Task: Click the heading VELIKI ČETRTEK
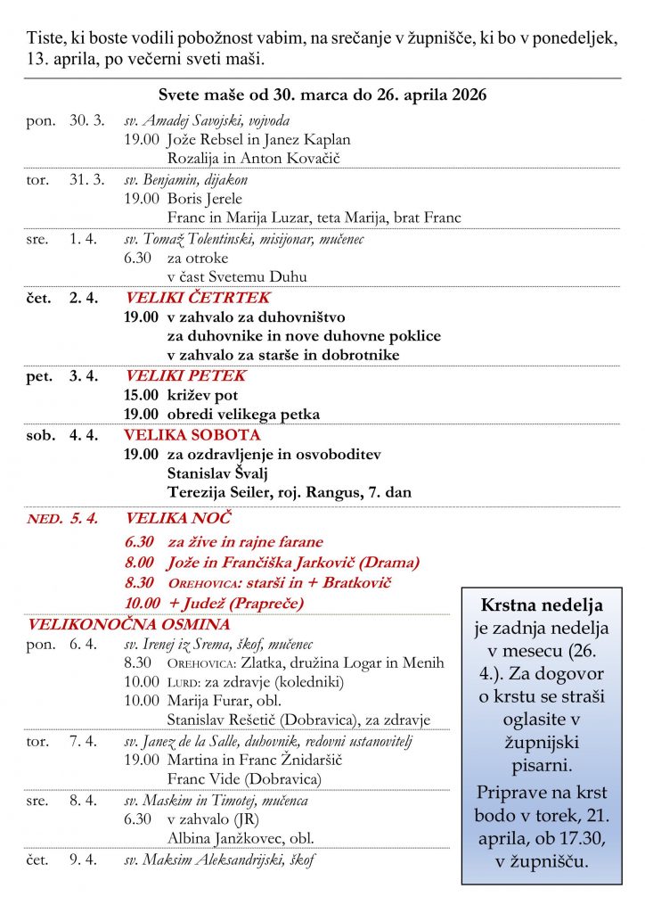(x=197, y=298)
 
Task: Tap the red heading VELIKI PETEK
(x=185, y=376)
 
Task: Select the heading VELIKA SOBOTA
(x=192, y=435)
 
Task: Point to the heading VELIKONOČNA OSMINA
(x=129, y=624)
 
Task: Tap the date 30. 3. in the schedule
(x=86, y=120)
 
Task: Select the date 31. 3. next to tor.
(x=86, y=179)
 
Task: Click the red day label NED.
(x=44, y=518)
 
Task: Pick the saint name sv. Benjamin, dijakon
(x=185, y=179)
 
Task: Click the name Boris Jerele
(x=204, y=199)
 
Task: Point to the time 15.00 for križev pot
(x=141, y=395)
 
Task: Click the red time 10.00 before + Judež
(x=142, y=604)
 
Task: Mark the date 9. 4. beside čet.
(x=83, y=860)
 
